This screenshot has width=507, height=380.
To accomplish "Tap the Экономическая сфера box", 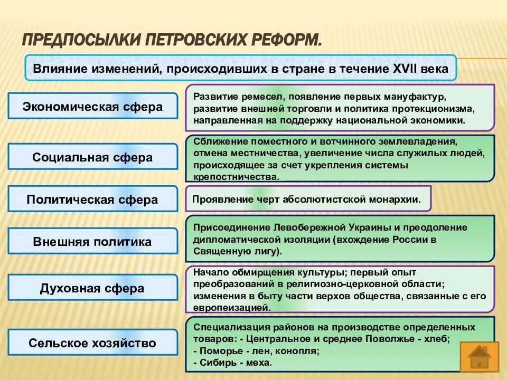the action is [92, 107].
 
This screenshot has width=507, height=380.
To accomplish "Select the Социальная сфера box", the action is [92, 157].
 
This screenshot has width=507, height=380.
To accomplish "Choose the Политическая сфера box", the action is [92, 199].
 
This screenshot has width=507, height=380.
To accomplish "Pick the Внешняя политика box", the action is [92, 242].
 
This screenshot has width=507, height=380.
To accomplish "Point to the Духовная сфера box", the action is [92, 288].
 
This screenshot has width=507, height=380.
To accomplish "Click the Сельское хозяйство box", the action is [92, 343].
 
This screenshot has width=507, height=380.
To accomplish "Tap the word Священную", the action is [221, 251].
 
